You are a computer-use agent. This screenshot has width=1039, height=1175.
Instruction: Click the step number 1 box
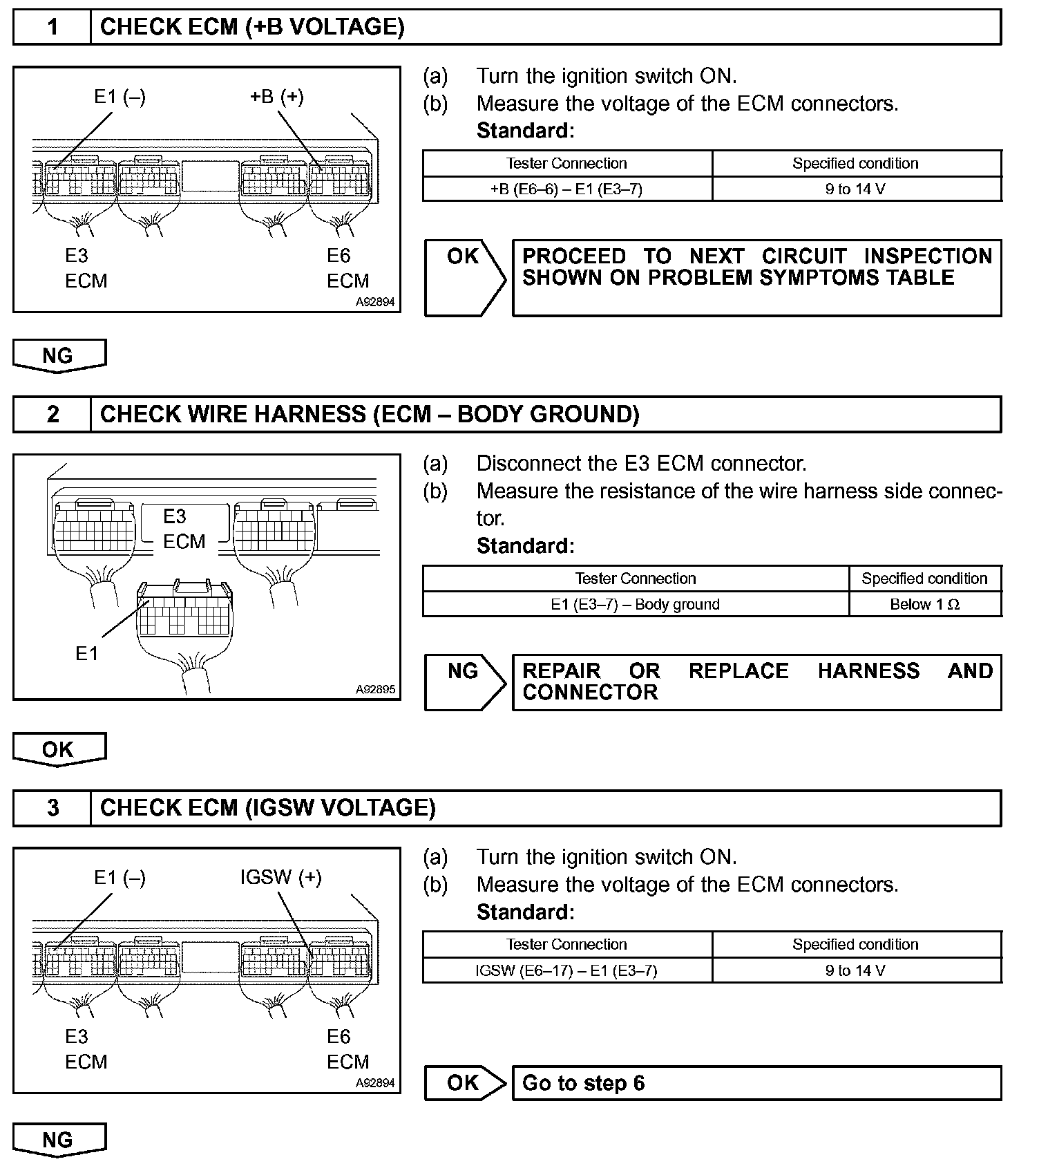[x=53, y=28]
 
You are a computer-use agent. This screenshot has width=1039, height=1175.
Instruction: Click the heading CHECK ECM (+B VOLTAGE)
[x=252, y=28]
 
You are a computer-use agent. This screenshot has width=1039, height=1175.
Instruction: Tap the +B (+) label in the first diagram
[x=276, y=97]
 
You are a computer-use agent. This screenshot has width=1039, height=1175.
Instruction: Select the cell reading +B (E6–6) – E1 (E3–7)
[x=566, y=189]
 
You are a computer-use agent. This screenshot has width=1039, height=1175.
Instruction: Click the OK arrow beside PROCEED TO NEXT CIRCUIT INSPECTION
[x=464, y=278]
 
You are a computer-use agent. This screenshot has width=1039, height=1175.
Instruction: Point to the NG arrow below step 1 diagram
[x=59, y=355]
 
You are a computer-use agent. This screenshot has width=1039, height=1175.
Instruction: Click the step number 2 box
[x=53, y=414]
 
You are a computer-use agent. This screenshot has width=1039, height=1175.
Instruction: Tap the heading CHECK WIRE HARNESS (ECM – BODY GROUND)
[x=370, y=414]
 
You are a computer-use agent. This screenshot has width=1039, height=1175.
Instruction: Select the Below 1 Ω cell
[x=924, y=604]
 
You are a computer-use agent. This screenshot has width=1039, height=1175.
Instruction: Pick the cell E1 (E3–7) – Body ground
[x=635, y=604]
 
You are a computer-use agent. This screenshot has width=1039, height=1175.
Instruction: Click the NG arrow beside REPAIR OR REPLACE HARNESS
[x=464, y=681]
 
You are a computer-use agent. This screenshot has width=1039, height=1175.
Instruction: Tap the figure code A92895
[x=375, y=689]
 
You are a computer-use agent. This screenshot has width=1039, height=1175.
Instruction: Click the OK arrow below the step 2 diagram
[x=59, y=749]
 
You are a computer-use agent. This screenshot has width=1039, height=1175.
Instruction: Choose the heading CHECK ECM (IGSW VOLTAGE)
[x=268, y=808]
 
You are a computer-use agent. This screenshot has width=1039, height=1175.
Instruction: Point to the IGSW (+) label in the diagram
[x=280, y=878]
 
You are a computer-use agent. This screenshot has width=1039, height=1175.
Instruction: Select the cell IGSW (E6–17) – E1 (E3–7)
[x=566, y=970]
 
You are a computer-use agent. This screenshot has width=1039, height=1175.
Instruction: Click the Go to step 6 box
[x=756, y=1083]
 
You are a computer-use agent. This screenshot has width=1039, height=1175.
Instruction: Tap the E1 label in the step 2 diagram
[x=87, y=653]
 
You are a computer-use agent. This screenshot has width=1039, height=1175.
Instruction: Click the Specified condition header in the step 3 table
[x=855, y=944]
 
